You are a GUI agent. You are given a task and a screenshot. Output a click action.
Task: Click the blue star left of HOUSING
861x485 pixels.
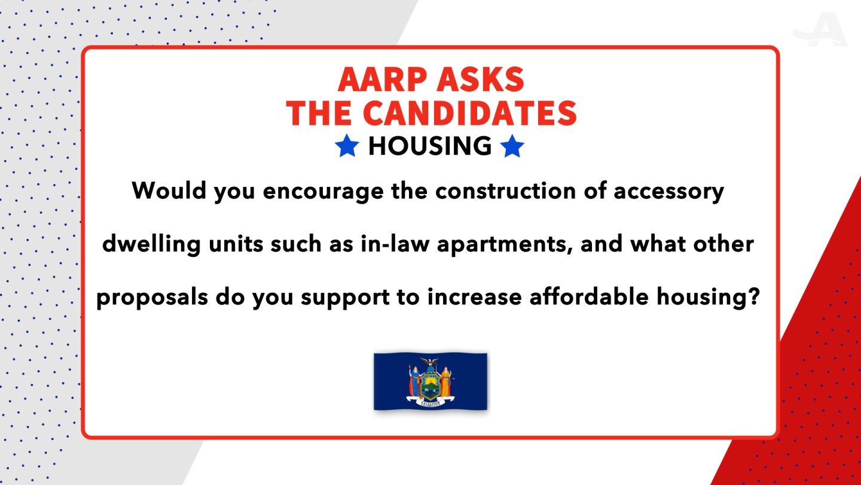pos(347,146)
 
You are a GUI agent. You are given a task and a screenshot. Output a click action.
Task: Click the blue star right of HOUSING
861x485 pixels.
pos(512,146)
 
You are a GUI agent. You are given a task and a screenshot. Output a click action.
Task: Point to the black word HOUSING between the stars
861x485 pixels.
pos(430,146)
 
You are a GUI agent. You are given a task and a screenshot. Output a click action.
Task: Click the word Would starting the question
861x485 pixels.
pos(169,190)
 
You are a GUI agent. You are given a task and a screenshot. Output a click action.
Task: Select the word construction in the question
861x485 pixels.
pos(505,190)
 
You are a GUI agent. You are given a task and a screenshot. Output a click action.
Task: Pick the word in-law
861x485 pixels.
pos(395,244)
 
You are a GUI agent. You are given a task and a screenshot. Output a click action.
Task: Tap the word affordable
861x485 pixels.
pos(589,297)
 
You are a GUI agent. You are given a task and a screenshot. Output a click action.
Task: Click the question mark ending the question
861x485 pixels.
pos(754,296)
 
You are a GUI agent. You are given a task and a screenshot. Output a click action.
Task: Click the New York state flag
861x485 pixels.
pos(430,381)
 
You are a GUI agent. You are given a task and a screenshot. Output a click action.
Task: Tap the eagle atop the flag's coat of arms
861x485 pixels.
pos(430,362)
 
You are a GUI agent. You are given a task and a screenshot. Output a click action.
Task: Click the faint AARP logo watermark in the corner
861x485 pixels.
pos(820,29)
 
